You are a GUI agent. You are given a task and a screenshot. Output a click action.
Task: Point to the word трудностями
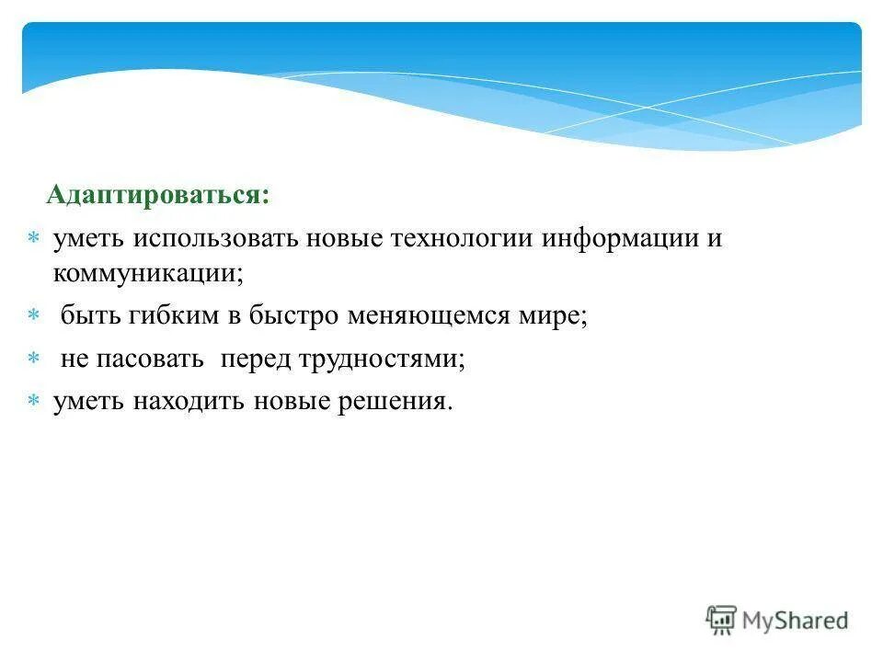coord(381,360)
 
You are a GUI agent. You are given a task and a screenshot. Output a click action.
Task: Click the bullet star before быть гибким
coord(33,316)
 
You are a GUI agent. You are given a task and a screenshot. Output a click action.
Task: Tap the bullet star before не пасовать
coord(33,360)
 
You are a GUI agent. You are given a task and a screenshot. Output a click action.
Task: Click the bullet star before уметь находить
coord(33,403)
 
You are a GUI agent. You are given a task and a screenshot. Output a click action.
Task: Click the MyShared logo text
coord(797,622)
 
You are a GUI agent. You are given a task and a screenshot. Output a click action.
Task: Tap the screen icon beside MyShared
coord(722,620)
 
